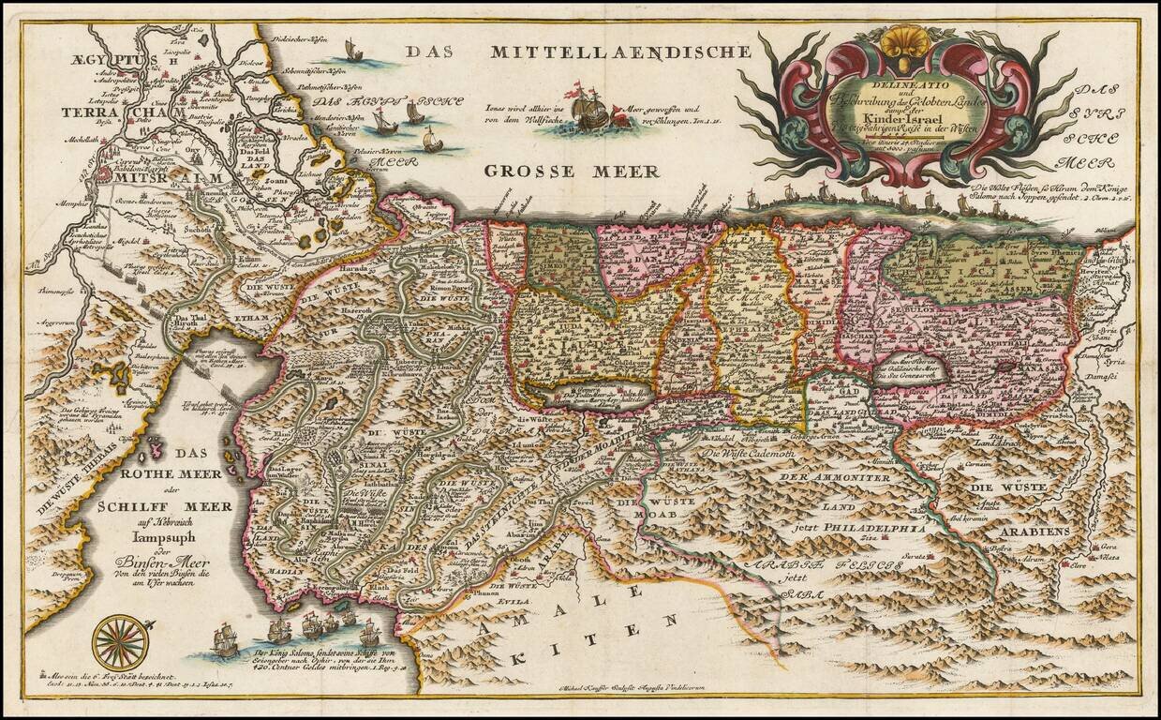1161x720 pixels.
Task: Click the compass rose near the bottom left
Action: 119,641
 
